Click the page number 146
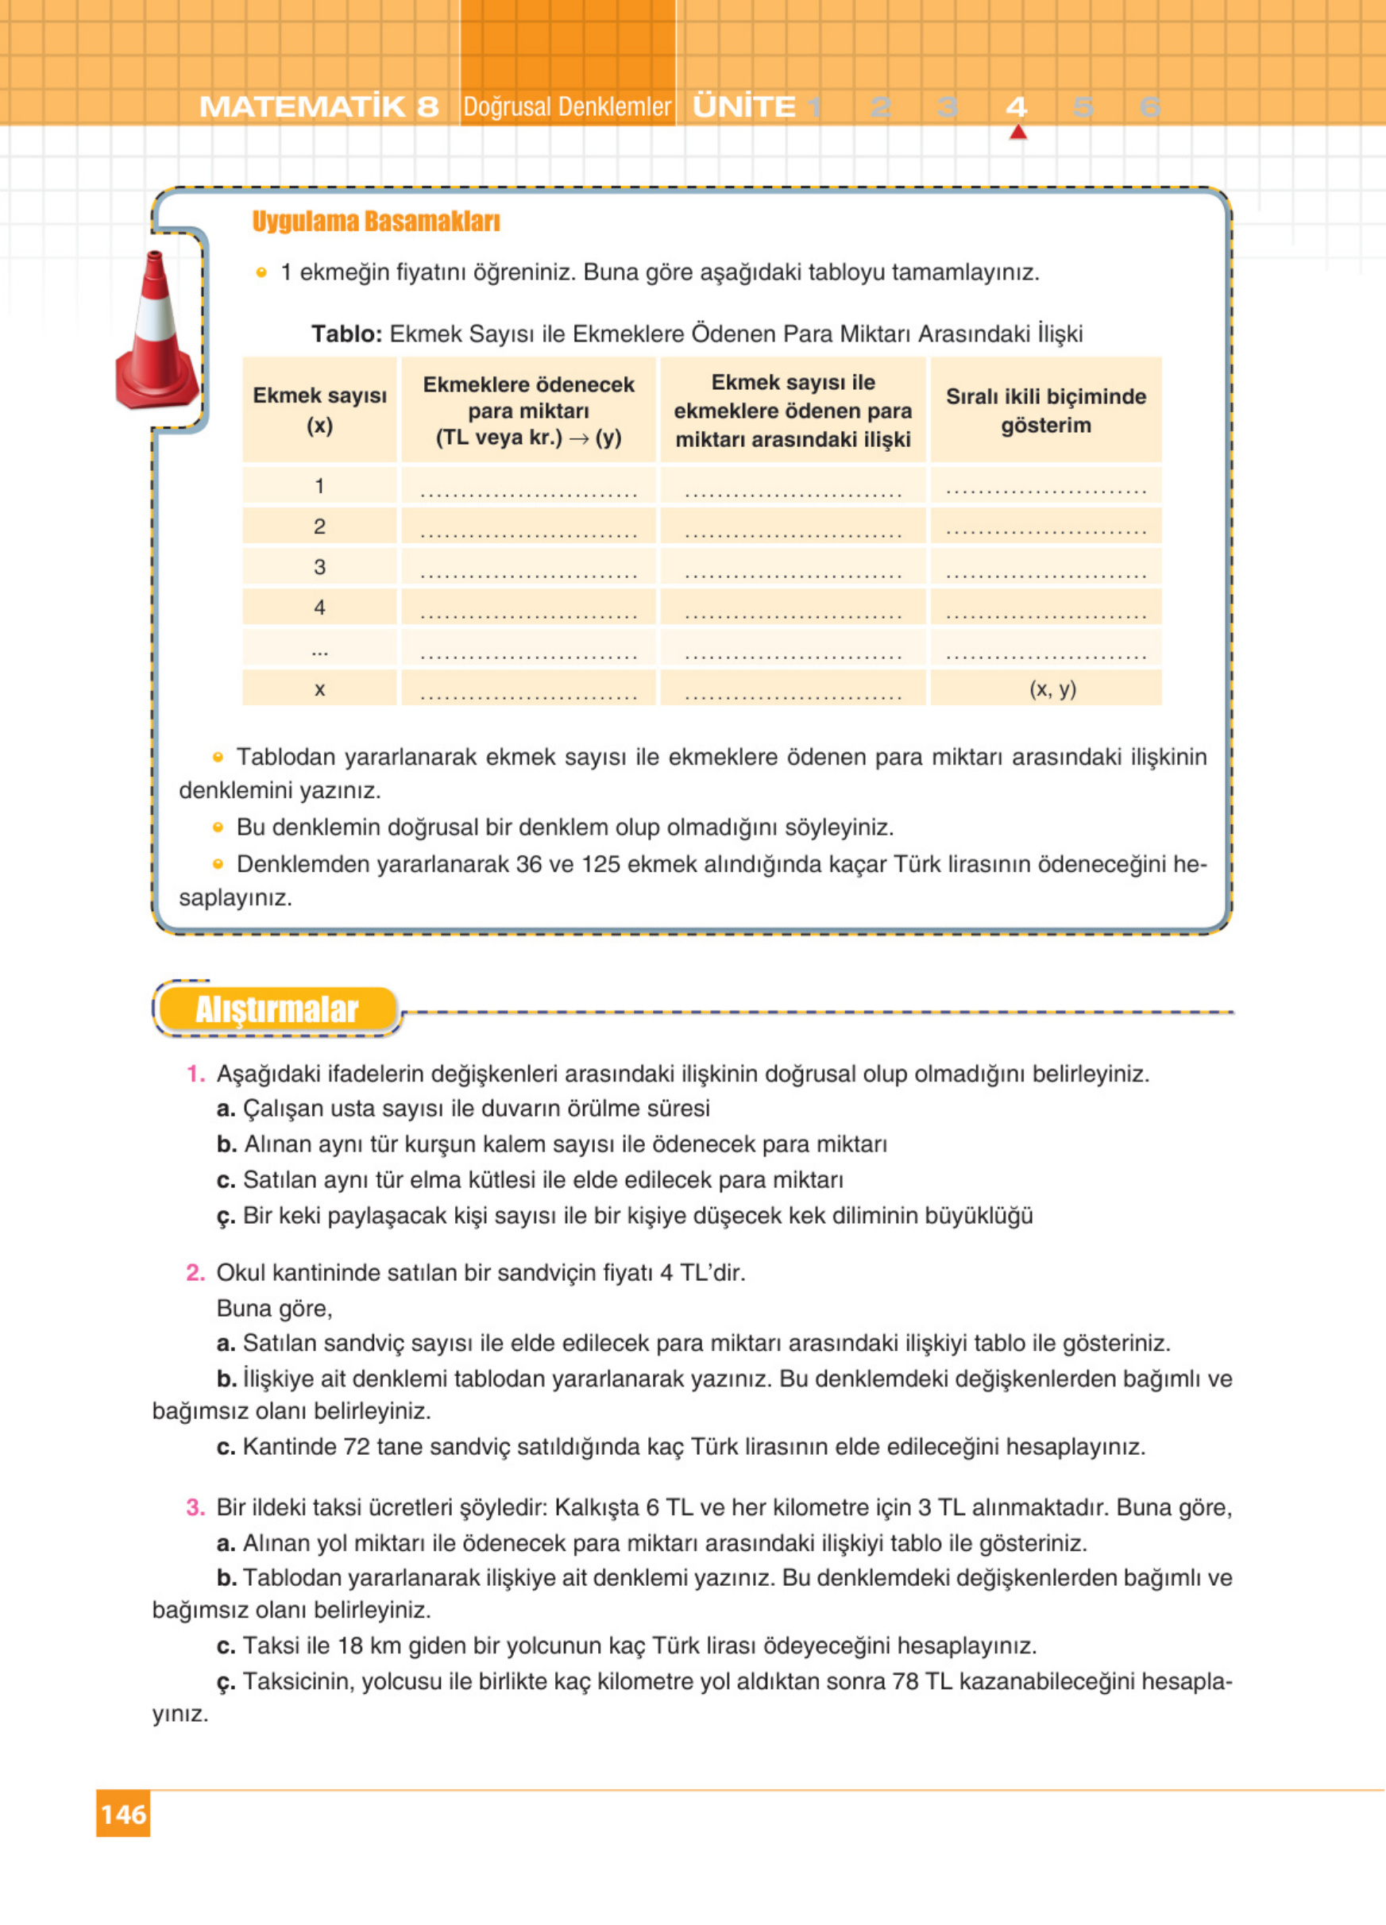[123, 1815]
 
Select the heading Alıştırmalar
[276, 1010]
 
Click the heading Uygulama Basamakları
[375, 222]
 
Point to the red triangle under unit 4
[1017, 133]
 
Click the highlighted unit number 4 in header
[1016, 107]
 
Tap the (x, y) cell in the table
[1052, 689]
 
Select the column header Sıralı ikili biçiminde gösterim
[1045, 411]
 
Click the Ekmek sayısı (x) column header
[319, 411]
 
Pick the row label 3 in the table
[319, 567]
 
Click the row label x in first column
[319, 689]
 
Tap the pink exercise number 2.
[195, 1272]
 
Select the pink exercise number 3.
[195, 1507]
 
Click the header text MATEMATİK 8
[319, 107]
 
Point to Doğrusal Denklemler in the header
[567, 107]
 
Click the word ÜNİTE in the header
[744, 107]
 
